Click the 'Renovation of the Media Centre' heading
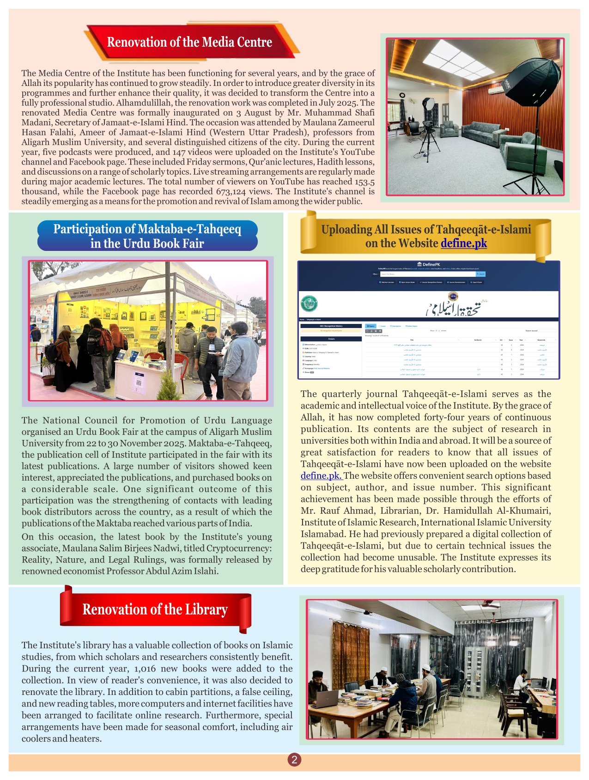(189, 42)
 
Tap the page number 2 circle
(294, 760)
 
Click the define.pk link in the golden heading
(463, 243)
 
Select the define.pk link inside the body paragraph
(321, 475)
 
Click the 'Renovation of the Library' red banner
(155, 609)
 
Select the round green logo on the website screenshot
(309, 304)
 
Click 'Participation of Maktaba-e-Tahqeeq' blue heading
(147, 236)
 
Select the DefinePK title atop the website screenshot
(429, 264)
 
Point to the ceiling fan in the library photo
(490, 605)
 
